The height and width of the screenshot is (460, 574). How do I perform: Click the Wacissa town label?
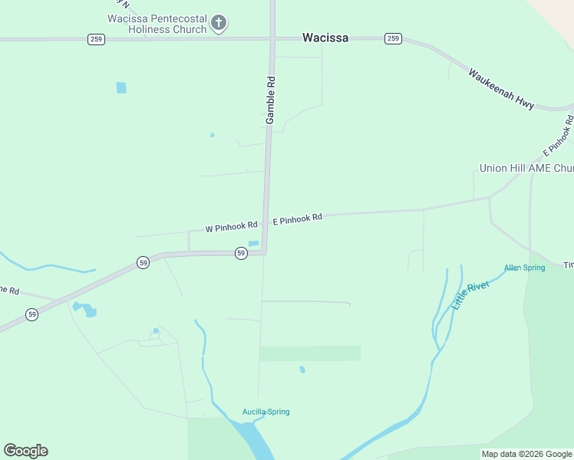tap(325, 38)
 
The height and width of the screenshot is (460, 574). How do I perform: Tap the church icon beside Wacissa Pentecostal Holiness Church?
tap(219, 23)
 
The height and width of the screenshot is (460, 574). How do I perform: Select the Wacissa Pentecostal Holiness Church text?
tap(157, 24)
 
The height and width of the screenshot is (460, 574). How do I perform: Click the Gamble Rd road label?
tap(270, 100)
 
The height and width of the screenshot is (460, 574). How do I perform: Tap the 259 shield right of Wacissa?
tap(393, 38)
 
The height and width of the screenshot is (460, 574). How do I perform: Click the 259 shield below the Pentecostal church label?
tap(96, 39)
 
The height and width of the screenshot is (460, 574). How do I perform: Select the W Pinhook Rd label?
tap(231, 228)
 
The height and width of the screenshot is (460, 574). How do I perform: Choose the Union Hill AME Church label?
tap(526, 168)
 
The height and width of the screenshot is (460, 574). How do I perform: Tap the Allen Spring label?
tap(524, 268)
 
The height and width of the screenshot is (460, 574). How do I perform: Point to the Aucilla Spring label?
tap(266, 412)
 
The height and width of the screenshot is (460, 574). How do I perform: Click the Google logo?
tap(26, 451)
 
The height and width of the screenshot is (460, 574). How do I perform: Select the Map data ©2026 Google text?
tap(526, 454)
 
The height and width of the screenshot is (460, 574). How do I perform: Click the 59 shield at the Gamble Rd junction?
tap(241, 253)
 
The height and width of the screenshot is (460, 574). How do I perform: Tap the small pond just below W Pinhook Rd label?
tap(253, 244)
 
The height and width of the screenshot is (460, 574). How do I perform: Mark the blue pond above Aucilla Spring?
tap(302, 370)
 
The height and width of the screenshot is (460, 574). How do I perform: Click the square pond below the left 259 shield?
tap(121, 87)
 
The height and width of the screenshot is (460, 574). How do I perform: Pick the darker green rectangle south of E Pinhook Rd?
tap(310, 353)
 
